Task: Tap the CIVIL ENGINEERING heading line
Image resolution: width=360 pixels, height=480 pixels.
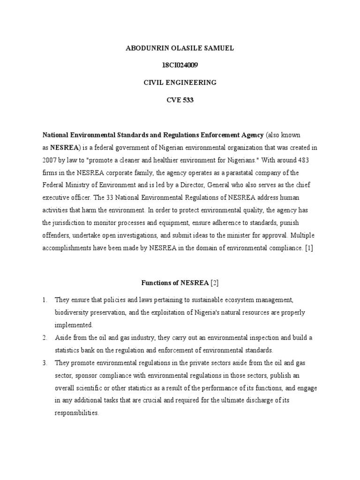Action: click(x=180, y=82)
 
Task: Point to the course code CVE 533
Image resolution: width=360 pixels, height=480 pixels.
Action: click(x=180, y=100)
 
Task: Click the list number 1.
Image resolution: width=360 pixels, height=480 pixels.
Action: click(x=46, y=299)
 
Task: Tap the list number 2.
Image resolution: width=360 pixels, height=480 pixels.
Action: click(x=46, y=337)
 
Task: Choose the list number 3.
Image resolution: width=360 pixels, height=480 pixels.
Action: click(x=46, y=363)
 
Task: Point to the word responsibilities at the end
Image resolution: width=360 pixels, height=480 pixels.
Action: click(x=76, y=413)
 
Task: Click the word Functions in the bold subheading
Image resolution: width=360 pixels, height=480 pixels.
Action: click(x=156, y=283)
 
